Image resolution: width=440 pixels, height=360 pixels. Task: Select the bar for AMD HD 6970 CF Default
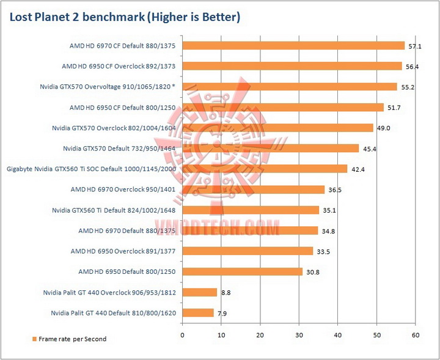pos(293,45)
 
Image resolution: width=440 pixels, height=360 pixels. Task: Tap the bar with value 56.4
pos(291,66)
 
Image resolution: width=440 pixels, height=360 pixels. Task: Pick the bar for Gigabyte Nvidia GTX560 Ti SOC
pos(265,169)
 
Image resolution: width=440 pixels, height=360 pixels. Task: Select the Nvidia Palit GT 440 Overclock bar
pos(199,292)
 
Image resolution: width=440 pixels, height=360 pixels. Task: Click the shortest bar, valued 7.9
pos(197,312)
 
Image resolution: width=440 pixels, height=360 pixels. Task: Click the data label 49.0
pos(383,128)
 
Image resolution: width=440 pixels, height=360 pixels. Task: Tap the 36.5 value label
pos(334,190)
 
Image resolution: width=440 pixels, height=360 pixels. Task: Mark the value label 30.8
pos(312,272)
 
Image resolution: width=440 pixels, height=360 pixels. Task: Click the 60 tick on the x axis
pos(416,334)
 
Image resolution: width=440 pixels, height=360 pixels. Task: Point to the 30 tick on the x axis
pos(299,334)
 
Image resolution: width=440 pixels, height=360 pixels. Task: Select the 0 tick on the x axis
pos(182,334)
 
